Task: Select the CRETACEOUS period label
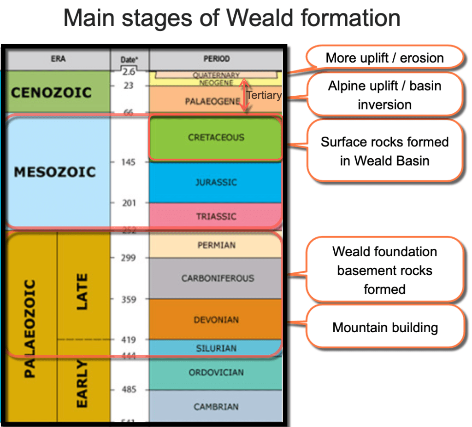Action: point(216,137)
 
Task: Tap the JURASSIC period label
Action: point(216,182)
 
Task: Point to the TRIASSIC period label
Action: point(216,216)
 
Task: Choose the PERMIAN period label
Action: point(216,245)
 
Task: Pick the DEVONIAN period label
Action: point(216,320)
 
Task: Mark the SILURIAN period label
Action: point(216,348)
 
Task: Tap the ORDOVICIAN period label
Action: point(216,372)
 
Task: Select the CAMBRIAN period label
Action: point(216,407)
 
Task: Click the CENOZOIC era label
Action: point(51,92)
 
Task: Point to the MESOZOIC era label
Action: point(54,172)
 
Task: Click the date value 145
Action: point(129,162)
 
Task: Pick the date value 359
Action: point(129,300)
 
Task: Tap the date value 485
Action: point(129,390)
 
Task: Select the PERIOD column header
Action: point(216,59)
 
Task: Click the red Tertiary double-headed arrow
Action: point(246,95)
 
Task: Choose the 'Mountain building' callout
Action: point(385,328)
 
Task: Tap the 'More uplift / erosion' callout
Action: point(384,58)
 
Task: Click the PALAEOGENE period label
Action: point(212,101)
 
